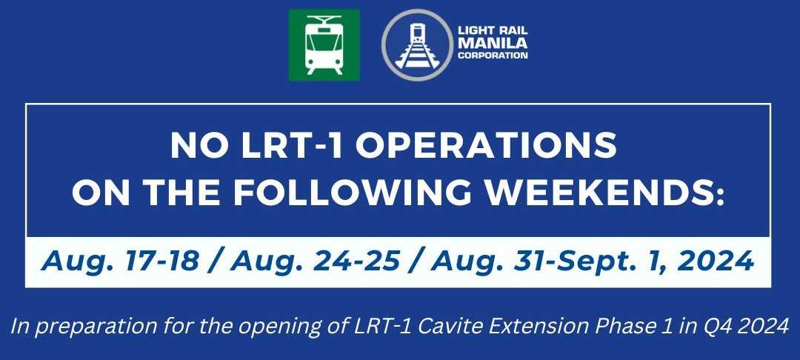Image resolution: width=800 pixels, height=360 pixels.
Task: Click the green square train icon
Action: coord(324,44)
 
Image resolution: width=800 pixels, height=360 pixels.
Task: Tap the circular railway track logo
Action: coord(416,44)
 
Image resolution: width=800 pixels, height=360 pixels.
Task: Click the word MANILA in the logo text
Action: coord(492,44)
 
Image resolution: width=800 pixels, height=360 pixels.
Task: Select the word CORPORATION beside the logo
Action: coord(492,56)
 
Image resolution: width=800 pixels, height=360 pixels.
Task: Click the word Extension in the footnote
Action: coord(571,327)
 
